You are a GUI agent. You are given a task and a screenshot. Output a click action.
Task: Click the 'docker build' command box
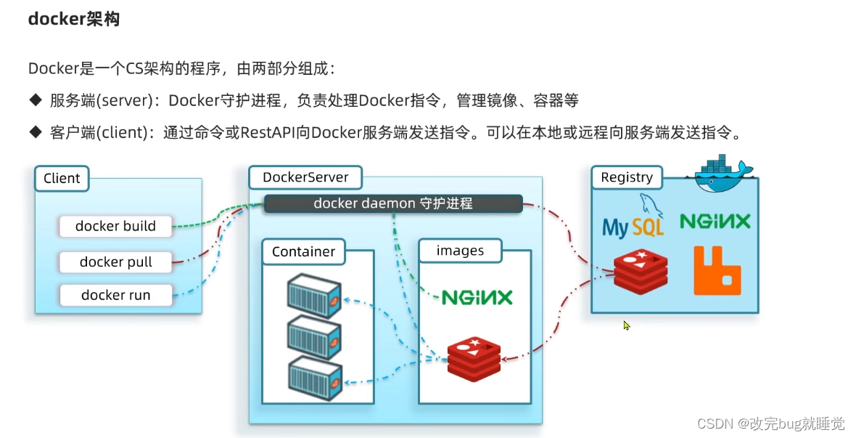pyautogui.click(x=116, y=226)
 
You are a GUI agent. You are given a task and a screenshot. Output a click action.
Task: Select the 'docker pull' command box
pyautogui.click(x=116, y=261)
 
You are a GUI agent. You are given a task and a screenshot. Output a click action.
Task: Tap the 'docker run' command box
pyautogui.click(x=116, y=295)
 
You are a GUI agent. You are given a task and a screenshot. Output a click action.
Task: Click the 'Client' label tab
pyautogui.click(x=62, y=179)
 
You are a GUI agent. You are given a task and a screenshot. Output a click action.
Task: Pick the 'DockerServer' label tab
pyautogui.click(x=305, y=177)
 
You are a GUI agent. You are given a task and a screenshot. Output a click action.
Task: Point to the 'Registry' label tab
pyautogui.click(x=627, y=177)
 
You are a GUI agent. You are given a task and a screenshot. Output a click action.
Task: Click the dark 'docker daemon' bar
pyautogui.click(x=392, y=203)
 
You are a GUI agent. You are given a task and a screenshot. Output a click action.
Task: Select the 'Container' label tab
pyautogui.click(x=303, y=252)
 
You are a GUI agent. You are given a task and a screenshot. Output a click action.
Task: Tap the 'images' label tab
pyautogui.click(x=460, y=251)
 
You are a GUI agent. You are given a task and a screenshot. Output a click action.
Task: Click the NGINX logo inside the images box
pyautogui.click(x=477, y=297)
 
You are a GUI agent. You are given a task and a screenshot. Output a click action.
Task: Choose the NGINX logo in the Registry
pyautogui.click(x=715, y=222)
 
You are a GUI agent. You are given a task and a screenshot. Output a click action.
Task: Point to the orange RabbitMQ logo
pyautogui.click(x=717, y=271)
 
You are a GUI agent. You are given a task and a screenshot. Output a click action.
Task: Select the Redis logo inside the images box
pyautogui.click(x=474, y=358)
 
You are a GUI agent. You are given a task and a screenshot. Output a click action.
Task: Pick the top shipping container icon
pyautogui.click(x=314, y=296)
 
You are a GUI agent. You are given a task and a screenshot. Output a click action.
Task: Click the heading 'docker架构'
pyautogui.click(x=73, y=20)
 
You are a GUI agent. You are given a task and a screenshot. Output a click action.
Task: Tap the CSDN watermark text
pyautogui.click(x=770, y=423)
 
